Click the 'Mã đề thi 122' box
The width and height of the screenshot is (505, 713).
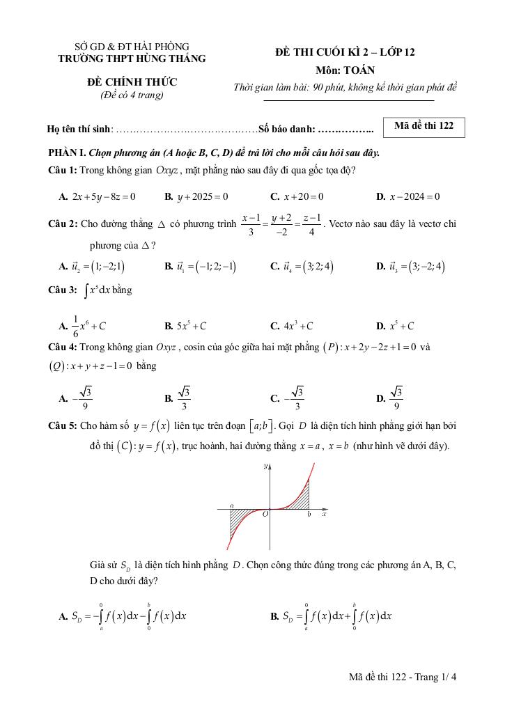pos(424,126)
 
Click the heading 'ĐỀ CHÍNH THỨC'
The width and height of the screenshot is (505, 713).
pos(132,83)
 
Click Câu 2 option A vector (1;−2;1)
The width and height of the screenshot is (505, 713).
pos(93,266)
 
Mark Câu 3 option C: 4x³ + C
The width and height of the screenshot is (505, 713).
pos(292,326)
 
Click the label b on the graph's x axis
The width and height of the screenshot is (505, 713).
pos(309,515)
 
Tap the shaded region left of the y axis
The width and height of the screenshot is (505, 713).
pos(243,519)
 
